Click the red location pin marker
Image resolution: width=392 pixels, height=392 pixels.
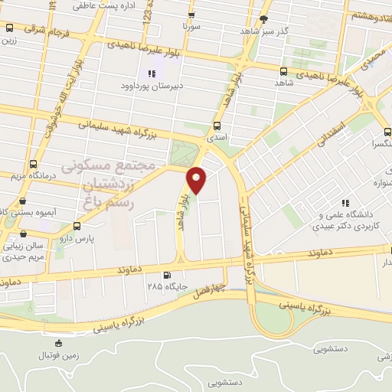click(x=197, y=181)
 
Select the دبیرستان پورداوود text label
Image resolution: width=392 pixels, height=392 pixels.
click(x=151, y=86)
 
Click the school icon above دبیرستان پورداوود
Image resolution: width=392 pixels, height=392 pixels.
click(x=151, y=74)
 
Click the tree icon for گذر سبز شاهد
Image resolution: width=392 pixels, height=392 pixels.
click(x=264, y=19)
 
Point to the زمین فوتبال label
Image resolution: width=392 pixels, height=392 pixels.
click(x=59, y=356)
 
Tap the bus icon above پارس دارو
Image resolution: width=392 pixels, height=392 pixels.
click(x=77, y=226)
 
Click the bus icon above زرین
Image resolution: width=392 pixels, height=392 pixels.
click(x=8, y=28)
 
